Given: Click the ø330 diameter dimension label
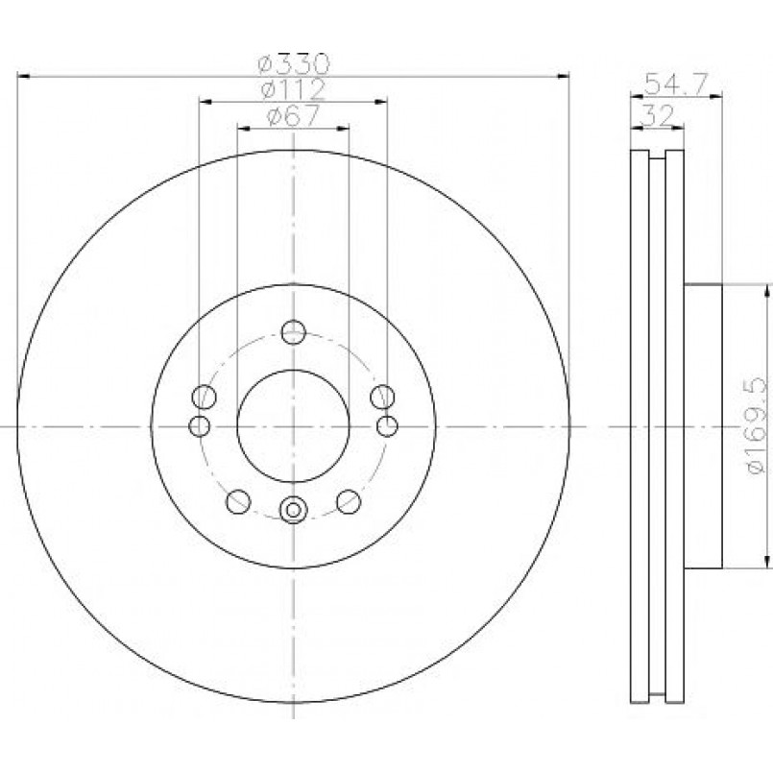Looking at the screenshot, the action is pos(293,63).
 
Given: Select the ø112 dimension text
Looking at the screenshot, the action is pos(293,89).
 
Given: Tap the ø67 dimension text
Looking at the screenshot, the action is pos(293,116).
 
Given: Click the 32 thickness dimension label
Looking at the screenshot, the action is pos(658,116).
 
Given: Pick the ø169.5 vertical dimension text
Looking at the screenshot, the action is pos(758,426).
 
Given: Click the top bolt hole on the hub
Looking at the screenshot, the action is pos(293,332).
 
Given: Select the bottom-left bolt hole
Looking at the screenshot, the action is pos(238,502).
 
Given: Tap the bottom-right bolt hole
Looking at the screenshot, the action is pos(349,502).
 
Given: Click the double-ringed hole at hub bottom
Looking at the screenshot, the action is pos(293,510).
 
